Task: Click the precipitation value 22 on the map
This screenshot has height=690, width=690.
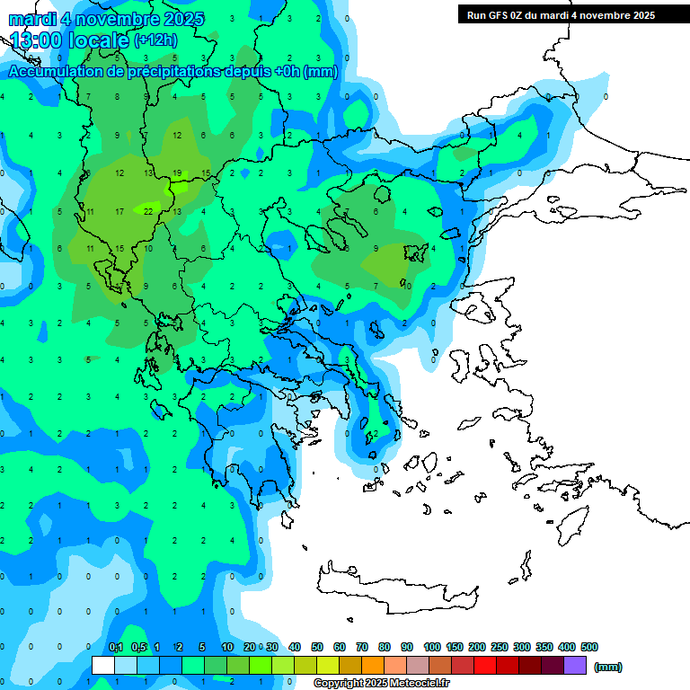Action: click(x=148, y=211)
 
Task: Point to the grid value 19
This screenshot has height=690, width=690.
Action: click(x=178, y=172)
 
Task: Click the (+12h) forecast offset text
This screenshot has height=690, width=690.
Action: click(x=155, y=40)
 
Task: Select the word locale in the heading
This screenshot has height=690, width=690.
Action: click(x=98, y=40)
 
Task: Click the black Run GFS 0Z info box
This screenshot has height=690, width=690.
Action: click(x=561, y=14)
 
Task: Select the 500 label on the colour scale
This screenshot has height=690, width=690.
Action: click(x=588, y=647)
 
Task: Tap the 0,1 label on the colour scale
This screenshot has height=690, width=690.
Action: click(x=116, y=647)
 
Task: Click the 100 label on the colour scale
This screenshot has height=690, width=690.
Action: click(x=431, y=647)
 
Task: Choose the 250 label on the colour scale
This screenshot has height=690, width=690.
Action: click(x=499, y=647)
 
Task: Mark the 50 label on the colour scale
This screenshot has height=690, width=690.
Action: click(x=317, y=647)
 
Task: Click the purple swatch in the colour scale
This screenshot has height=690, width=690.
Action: click(x=575, y=665)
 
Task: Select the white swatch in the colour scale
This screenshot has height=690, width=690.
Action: click(x=103, y=665)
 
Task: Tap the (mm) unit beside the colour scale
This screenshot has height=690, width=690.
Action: click(x=608, y=667)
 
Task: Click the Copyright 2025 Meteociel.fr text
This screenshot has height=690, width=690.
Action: click(x=381, y=683)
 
